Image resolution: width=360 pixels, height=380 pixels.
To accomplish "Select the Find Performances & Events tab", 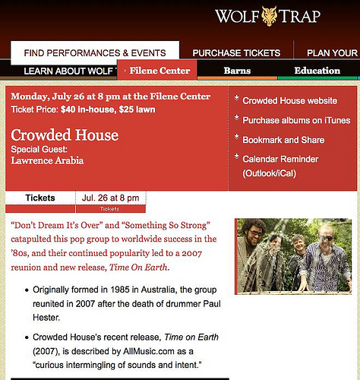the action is tap(95, 53).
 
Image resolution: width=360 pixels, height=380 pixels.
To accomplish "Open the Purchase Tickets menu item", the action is tap(237, 53).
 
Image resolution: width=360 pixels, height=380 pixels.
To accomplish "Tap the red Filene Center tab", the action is tap(159, 71).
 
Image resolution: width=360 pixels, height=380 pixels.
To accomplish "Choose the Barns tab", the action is tap(237, 71).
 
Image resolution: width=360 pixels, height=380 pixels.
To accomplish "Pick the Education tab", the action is tap(317, 71).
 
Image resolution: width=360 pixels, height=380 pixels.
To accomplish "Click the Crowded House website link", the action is tap(289, 100).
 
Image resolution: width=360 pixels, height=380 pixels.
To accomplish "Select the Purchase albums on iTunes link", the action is tap(296, 120).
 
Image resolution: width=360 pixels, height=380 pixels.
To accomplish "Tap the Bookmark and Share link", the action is tap(283, 140).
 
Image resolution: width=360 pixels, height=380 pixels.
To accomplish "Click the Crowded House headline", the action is tap(65, 135).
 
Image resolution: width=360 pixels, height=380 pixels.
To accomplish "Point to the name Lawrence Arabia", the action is tap(47, 160).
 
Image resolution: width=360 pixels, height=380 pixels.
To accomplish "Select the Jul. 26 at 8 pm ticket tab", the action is tap(110, 198).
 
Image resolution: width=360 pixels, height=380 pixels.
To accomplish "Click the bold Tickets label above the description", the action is tap(40, 198).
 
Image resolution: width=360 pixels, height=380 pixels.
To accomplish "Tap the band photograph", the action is tap(295, 256).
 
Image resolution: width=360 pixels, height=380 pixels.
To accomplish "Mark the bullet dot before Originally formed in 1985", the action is tap(27, 290).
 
